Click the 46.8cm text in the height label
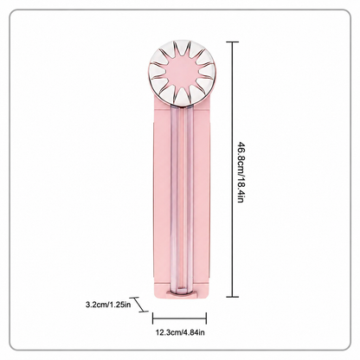tap(241, 157)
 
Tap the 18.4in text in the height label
tap(241, 189)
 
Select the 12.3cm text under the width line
tap(168, 332)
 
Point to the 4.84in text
tap(194, 332)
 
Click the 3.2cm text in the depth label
tap(96, 304)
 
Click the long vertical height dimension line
tap(233, 170)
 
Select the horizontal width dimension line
tap(179, 318)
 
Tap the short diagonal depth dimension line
tap(139, 305)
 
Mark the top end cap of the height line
tap(233, 42)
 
